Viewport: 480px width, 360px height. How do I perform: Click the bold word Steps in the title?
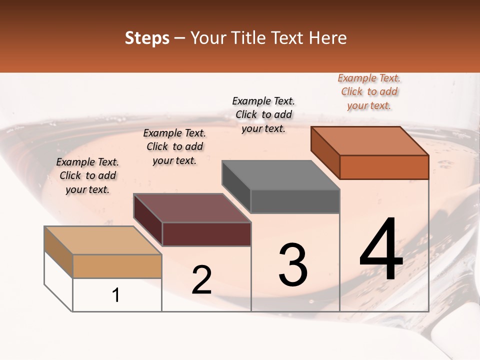coord(147,38)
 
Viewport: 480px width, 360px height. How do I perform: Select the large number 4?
coord(381,249)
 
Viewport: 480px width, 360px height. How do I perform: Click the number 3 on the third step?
coord(293,264)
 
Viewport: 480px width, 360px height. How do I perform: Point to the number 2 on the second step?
coord(201,280)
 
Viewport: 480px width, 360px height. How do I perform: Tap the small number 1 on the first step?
coord(116,295)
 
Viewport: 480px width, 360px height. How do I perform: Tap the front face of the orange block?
coord(384,167)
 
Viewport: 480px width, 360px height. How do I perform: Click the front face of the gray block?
coord(295,201)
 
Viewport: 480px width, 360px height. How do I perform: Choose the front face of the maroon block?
coord(206,234)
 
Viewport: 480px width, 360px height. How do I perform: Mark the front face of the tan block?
coord(117,266)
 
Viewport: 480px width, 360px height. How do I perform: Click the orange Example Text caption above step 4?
coord(369,92)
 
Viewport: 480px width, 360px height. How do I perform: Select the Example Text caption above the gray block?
coord(263,114)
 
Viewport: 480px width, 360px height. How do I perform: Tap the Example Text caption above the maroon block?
coord(174,146)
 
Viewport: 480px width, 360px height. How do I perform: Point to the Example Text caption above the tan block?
coord(87,175)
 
